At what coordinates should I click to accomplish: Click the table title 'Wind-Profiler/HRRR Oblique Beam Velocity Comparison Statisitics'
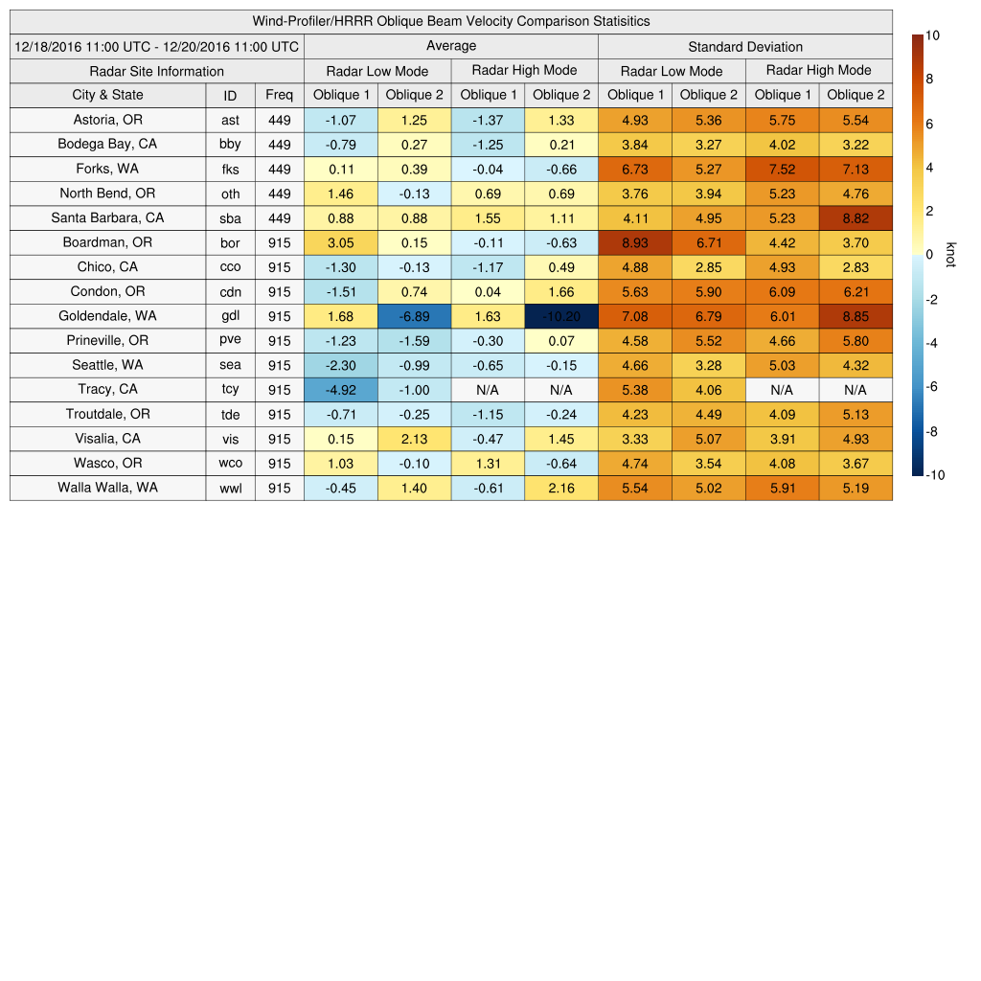pyautogui.click(x=451, y=21)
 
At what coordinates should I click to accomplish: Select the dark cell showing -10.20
pyautogui.click(x=560, y=316)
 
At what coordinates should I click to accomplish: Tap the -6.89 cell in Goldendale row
pyautogui.click(x=414, y=316)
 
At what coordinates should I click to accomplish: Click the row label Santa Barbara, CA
pyautogui.click(x=107, y=217)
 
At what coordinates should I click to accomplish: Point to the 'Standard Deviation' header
pyautogui.click(x=745, y=46)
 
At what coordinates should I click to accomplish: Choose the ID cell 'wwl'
pyautogui.click(x=230, y=488)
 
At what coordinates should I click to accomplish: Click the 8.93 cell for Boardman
pyautogui.click(x=634, y=242)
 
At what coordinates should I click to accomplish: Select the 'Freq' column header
pyautogui.click(x=280, y=95)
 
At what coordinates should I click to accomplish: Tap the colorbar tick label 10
pyautogui.click(x=932, y=35)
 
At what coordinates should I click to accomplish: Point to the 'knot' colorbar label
pyautogui.click(x=950, y=254)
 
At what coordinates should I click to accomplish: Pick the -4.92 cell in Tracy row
pyautogui.click(x=340, y=390)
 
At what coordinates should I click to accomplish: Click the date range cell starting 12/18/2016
pyautogui.click(x=157, y=46)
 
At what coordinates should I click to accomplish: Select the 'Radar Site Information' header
pyautogui.click(x=157, y=71)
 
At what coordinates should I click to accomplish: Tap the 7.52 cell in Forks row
pyautogui.click(x=782, y=169)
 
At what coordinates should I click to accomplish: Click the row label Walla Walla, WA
pyautogui.click(x=107, y=488)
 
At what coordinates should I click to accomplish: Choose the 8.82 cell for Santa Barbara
pyautogui.click(x=856, y=217)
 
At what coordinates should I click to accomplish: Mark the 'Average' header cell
pyautogui.click(x=451, y=46)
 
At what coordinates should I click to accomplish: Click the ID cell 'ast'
pyautogui.click(x=230, y=120)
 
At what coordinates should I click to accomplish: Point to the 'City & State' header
pyautogui.click(x=107, y=95)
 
